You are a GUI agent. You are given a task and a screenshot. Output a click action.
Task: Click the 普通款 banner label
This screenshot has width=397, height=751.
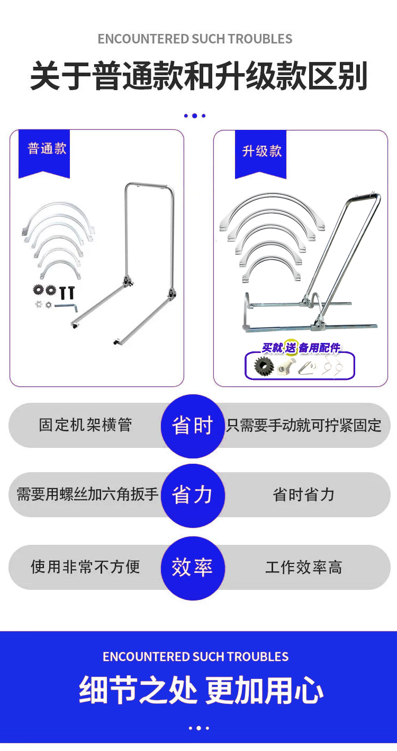click(47, 148)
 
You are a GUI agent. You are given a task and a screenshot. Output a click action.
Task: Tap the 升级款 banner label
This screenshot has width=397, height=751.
click(262, 151)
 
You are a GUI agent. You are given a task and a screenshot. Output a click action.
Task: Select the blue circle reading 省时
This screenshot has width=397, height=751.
click(193, 426)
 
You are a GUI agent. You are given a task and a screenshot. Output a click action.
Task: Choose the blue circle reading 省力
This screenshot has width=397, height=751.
click(193, 495)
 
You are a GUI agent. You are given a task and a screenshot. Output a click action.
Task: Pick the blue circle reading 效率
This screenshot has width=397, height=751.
click(193, 568)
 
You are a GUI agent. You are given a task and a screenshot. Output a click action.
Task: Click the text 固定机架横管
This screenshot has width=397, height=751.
click(85, 425)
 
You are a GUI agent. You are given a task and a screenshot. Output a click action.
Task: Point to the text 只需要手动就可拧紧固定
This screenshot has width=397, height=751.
click(304, 426)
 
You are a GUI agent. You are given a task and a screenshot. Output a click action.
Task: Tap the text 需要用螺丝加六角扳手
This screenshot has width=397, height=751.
click(87, 494)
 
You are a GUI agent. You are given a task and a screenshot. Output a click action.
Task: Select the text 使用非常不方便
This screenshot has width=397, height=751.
click(85, 567)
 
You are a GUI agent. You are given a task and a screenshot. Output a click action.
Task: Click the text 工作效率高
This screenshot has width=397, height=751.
click(304, 567)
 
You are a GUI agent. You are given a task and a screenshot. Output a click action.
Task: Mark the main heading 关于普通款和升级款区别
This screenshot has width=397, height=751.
click(199, 76)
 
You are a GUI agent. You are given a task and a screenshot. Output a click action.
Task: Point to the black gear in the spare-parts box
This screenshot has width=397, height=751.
click(264, 366)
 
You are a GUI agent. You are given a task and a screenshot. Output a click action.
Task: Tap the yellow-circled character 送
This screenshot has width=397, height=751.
click(291, 347)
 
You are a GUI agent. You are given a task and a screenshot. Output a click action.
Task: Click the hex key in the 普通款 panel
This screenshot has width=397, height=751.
click(66, 306)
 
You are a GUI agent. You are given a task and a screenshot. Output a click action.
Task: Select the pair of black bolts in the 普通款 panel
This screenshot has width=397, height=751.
click(67, 293)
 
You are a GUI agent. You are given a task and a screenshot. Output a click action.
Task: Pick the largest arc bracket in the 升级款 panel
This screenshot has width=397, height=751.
click(272, 210)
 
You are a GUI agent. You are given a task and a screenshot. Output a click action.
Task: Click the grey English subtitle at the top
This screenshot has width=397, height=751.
click(195, 39)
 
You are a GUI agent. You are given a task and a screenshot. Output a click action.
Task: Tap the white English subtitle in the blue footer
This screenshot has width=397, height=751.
click(195, 657)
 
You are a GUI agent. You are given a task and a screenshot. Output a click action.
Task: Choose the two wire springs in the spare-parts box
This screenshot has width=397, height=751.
click(332, 366)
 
